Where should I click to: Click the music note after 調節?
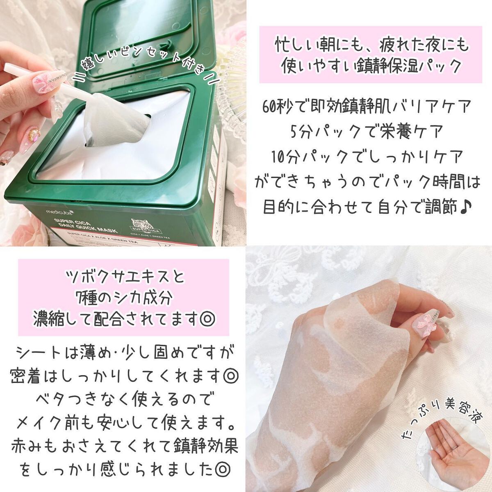467,206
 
